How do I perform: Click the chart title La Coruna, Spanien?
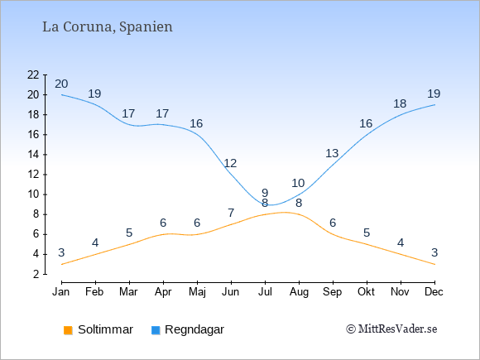point(108,27)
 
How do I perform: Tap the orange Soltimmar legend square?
point(68,330)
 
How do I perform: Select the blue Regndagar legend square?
point(156,330)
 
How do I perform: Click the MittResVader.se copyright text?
point(391,329)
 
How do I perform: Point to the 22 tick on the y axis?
point(33,74)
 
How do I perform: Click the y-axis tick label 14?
point(33,155)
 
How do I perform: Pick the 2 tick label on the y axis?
point(36,274)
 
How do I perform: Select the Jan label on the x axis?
point(61,292)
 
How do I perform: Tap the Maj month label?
point(197,292)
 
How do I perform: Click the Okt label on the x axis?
point(367,292)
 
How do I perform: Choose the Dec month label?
point(434,292)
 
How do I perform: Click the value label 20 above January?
point(61,84)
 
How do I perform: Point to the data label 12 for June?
point(230,163)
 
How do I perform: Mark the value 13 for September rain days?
point(332,153)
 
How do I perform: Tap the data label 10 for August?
point(298,183)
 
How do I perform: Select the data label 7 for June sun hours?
point(231,213)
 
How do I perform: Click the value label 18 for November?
point(400,103)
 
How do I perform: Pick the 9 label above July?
point(265,193)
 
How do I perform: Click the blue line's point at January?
point(62,94)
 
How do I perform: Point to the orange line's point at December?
point(434,264)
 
